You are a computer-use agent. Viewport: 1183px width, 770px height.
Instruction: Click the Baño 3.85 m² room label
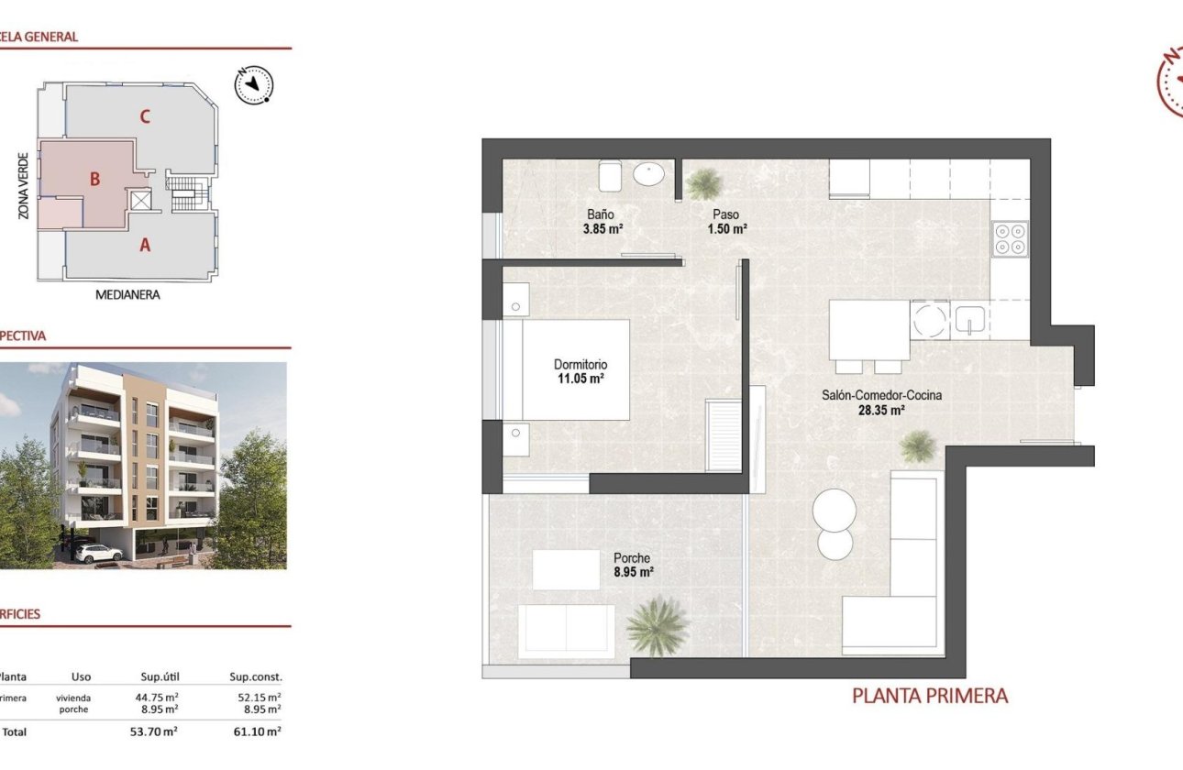pyautogui.click(x=601, y=222)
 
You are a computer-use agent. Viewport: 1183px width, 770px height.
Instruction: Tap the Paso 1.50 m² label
pyautogui.click(x=726, y=222)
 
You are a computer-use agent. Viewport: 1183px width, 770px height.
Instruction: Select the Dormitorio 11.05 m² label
pyautogui.click(x=580, y=370)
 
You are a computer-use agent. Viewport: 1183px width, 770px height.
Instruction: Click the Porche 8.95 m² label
pyautogui.click(x=633, y=565)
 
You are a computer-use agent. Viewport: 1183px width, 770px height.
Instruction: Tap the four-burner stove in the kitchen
pyautogui.click(x=1011, y=239)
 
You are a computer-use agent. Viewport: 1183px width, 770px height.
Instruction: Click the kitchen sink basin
pyautogui.click(x=970, y=320)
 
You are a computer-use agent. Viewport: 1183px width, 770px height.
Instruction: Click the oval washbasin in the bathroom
pyautogui.click(x=652, y=173)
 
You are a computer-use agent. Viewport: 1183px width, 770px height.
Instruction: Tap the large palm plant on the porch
pyautogui.click(x=657, y=625)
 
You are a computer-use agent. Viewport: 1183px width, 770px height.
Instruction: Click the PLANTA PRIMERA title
pyautogui.click(x=930, y=696)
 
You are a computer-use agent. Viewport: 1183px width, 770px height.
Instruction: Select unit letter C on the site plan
pyautogui.click(x=145, y=116)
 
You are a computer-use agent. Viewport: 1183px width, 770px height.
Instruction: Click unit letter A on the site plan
pyautogui.click(x=145, y=245)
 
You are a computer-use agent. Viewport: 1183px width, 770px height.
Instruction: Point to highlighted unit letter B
pyautogui.click(x=94, y=180)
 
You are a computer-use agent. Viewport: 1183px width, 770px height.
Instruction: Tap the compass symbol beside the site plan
pyautogui.click(x=254, y=85)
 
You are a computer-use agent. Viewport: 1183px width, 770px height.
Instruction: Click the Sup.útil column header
pyautogui.click(x=159, y=677)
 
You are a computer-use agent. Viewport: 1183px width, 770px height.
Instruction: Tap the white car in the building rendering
pyautogui.click(x=98, y=553)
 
